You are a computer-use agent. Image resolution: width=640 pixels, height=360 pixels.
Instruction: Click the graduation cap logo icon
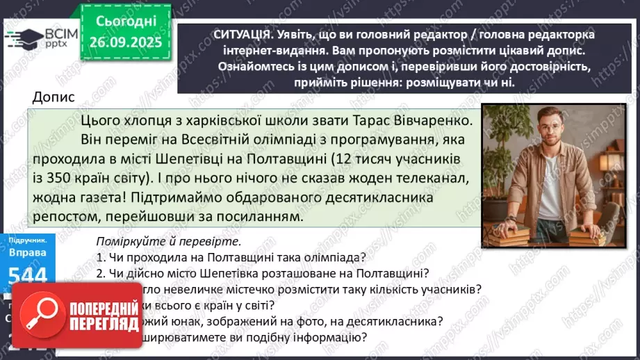(21, 40)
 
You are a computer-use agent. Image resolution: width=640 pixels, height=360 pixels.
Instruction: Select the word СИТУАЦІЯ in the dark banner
(225, 34)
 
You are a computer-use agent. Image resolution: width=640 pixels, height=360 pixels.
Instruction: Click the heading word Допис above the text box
(54, 98)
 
